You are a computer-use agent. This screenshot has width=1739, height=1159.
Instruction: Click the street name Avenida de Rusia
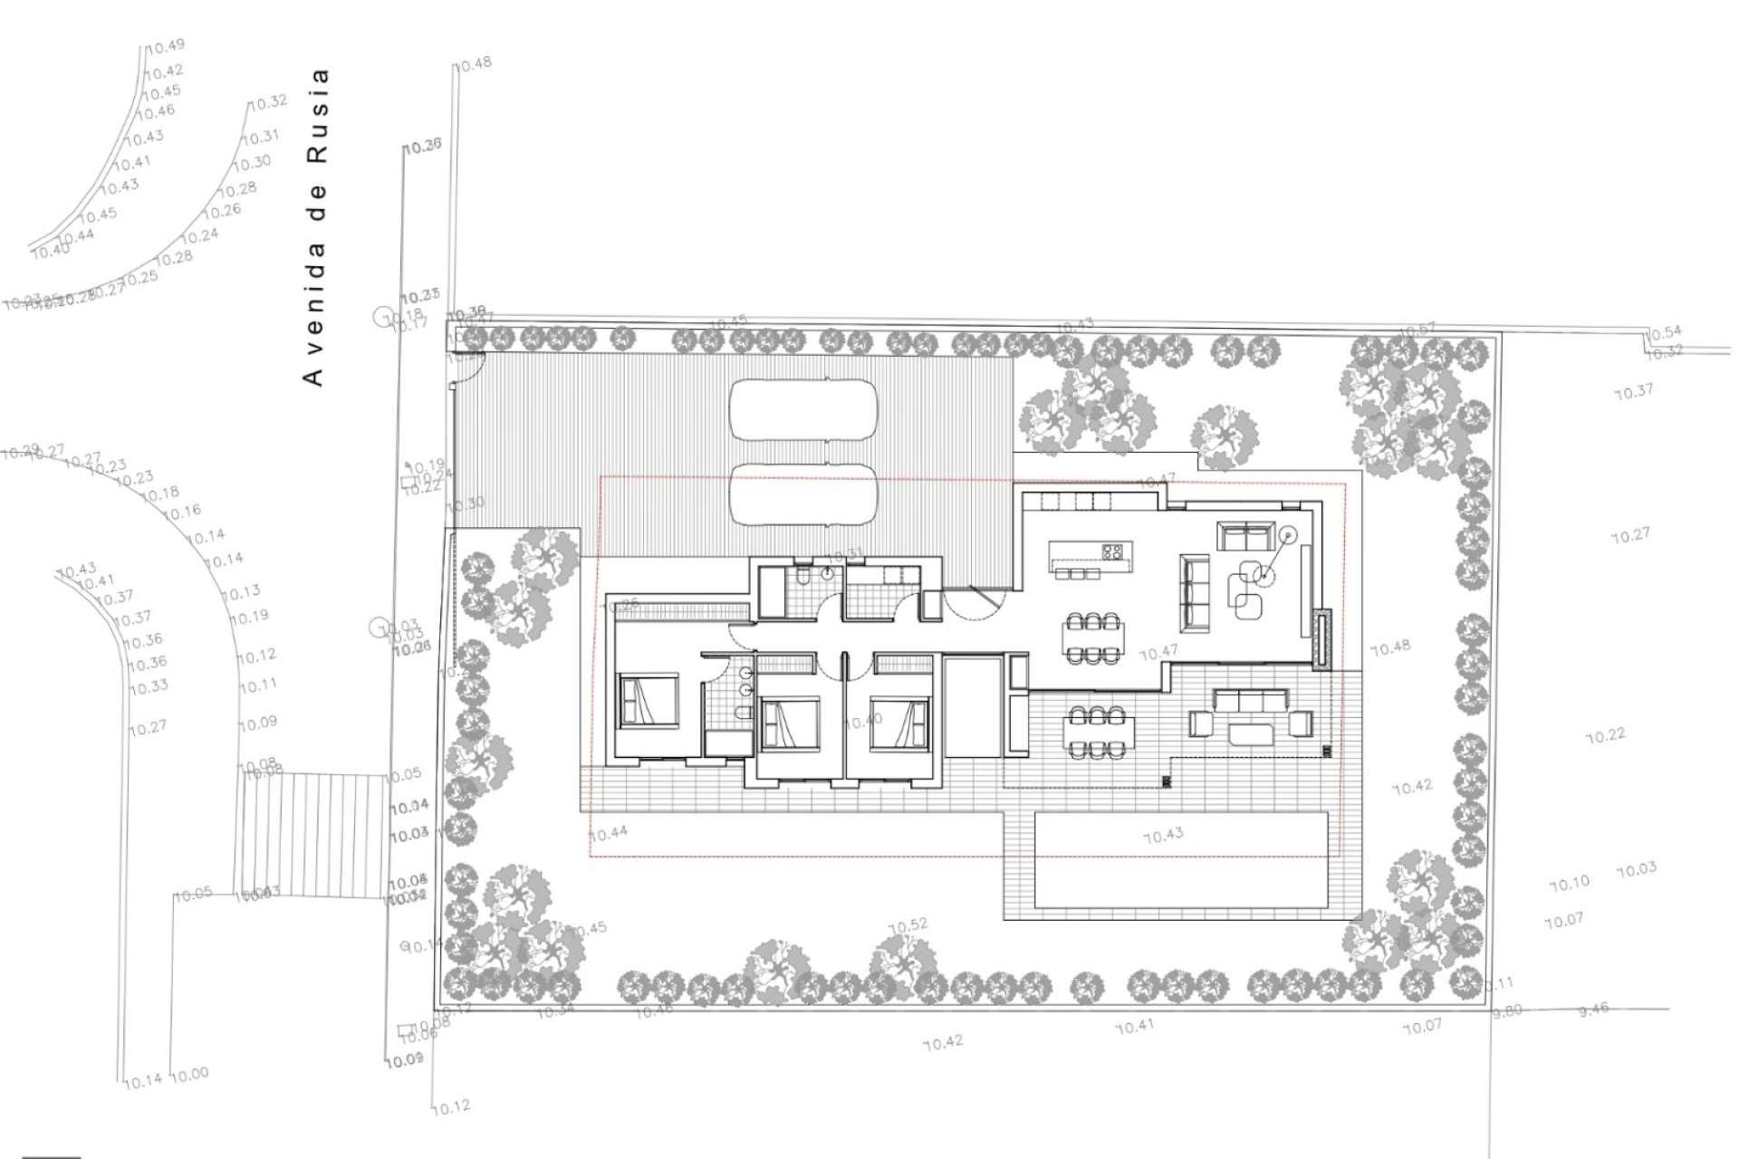click(x=314, y=226)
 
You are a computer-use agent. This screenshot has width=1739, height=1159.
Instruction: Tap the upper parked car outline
click(x=804, y=409)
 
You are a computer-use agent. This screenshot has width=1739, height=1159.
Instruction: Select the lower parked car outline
click(x=804, y=494)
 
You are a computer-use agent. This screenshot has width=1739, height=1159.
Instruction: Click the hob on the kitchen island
click(x=1113, y=551)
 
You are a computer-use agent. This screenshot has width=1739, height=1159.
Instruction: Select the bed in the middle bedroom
click(x=790, y=723)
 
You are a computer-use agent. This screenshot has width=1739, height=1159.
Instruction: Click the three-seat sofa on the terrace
click(x=1252, y=700)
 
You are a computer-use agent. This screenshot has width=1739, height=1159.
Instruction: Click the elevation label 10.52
click(x=908, y=925)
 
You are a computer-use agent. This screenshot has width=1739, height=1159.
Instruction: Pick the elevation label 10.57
click(x=1417, y=330)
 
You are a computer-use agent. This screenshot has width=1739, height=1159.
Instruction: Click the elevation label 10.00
click(x=189, y=1074)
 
